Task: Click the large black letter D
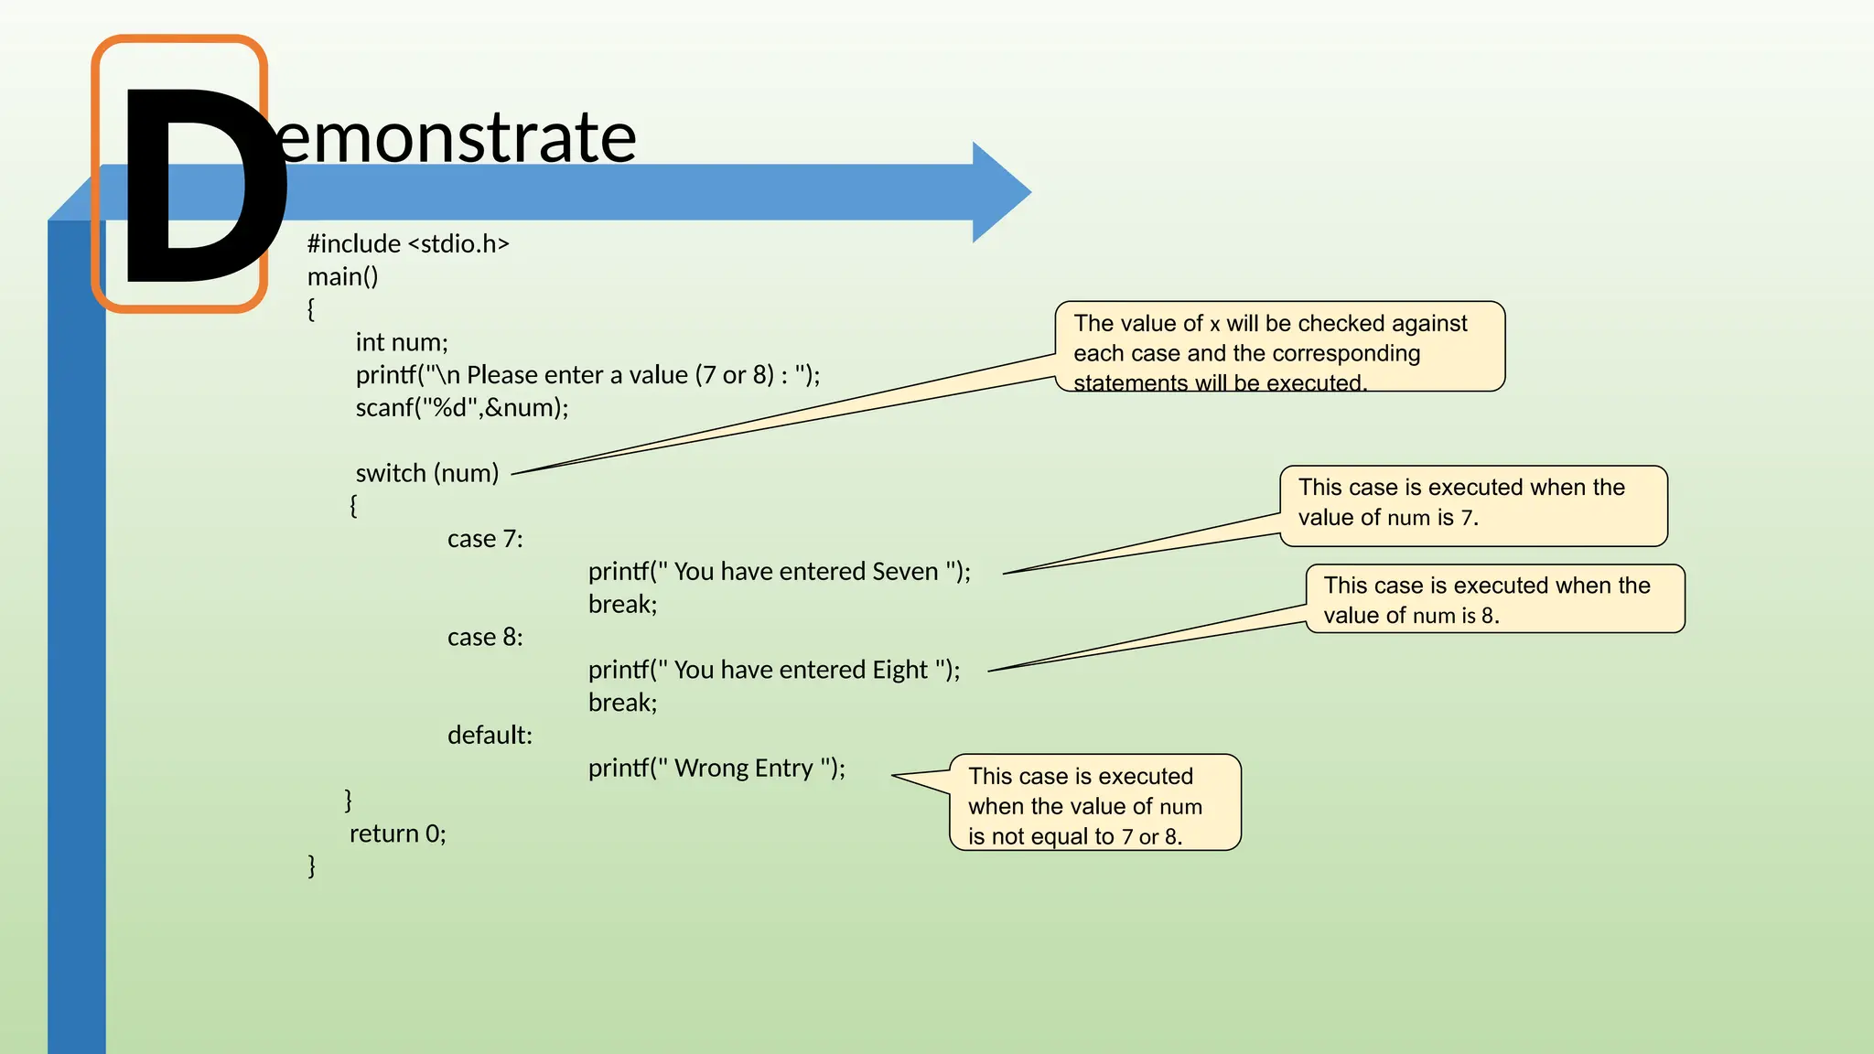coord(197,188)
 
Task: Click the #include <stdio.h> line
coord(408,244)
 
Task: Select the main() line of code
coord(342,277)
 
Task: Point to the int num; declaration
coord(402,343)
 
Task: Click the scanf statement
coord(462,408)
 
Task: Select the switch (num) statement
coord(427,474)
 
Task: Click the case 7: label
coord(485,540)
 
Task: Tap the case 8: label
coord(485,638)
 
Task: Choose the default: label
coord(490,736)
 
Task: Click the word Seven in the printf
coord(905,572)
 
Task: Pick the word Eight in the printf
coord(900,671)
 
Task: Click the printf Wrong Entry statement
coord(716,769)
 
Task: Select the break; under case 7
coord(622,605)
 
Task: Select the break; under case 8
coord(622,704)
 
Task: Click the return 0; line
coord(397,834)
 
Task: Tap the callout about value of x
coord(1278,348)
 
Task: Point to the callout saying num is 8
coord(1495,600)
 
